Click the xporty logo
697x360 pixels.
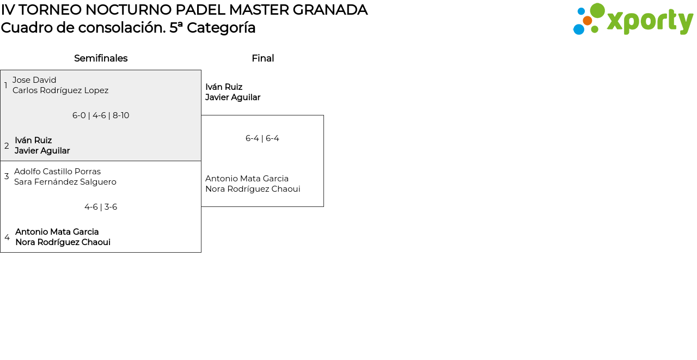633,20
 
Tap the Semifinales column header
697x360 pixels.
101,58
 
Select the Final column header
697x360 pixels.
262,58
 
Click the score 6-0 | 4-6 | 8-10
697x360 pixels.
101,115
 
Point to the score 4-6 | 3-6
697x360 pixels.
101,207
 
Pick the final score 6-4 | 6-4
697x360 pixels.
262,138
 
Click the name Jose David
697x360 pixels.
34,80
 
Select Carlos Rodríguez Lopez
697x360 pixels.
60,90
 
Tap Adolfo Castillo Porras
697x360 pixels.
57,172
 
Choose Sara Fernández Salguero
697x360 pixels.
65,182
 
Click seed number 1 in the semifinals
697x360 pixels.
6,86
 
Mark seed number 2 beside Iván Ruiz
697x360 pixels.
7,146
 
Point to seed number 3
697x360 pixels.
7,176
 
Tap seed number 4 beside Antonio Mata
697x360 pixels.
7,237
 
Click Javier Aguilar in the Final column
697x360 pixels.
233,97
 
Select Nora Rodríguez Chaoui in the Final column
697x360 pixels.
253,189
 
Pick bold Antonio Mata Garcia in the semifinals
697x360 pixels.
57,232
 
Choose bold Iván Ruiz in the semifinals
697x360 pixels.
33,141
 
